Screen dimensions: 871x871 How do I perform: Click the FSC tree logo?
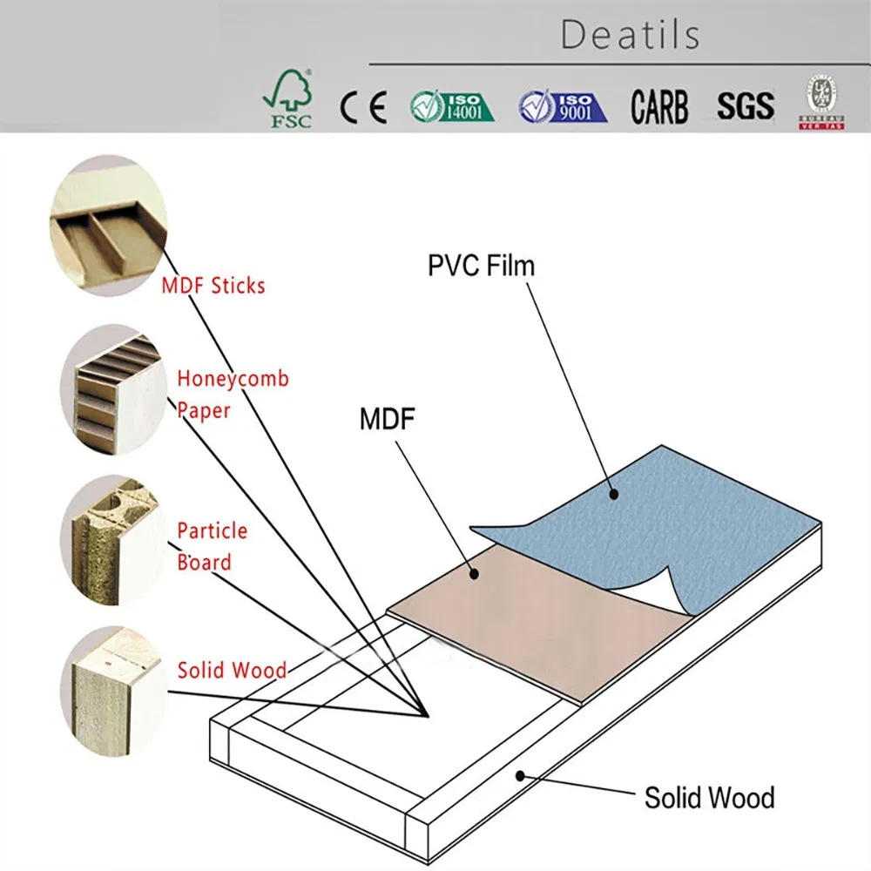[x=289, y=99]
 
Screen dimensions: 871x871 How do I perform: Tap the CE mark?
[x=363, y=107]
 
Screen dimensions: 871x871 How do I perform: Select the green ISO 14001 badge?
[x=451, y=106]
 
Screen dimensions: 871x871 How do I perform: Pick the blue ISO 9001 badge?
[x=562, y=106]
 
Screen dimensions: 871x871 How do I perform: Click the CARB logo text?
[x=659, y=107]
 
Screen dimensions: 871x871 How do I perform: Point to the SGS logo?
[x=745, y=106]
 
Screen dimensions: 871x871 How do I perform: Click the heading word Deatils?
[x=630, y=35]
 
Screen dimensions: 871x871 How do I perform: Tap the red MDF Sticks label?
[x=213, y=285]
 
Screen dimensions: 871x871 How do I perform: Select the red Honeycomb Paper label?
[x=233, y=395]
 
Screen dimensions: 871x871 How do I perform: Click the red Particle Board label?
[x=213, y=546]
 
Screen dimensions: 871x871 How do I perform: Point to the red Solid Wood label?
[x=232, y=670]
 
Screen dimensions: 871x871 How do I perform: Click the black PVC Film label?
[x=481, y=266]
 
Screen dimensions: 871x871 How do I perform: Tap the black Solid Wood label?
[x=709, y=797]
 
